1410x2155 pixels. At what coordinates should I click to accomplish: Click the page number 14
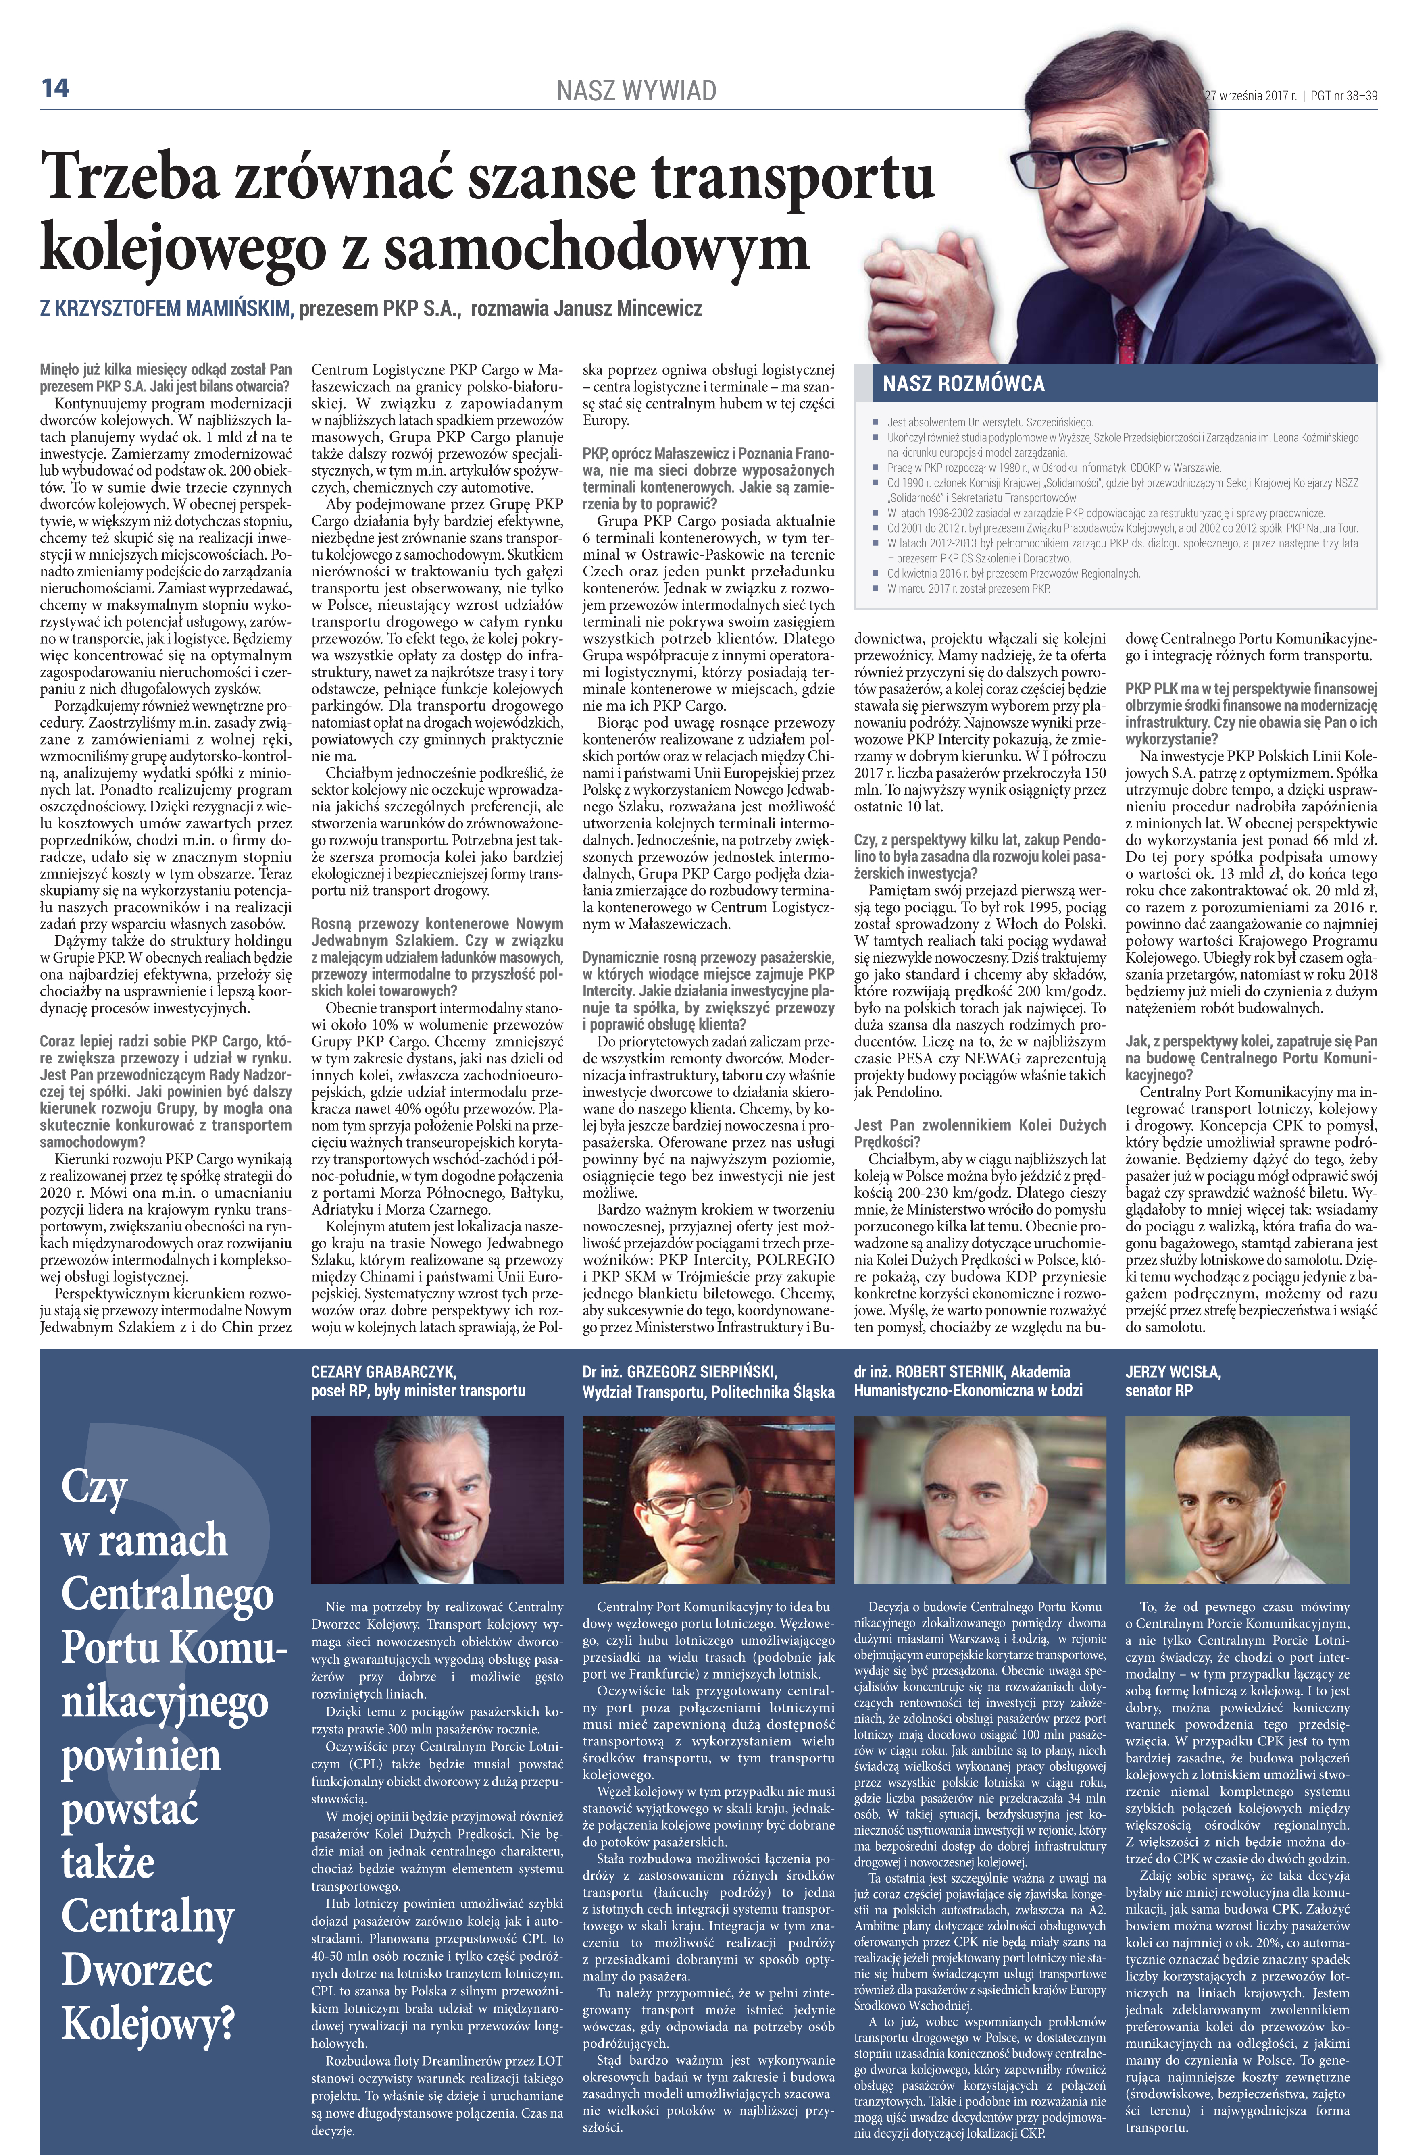pyautogui.click(x=55, y=89)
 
